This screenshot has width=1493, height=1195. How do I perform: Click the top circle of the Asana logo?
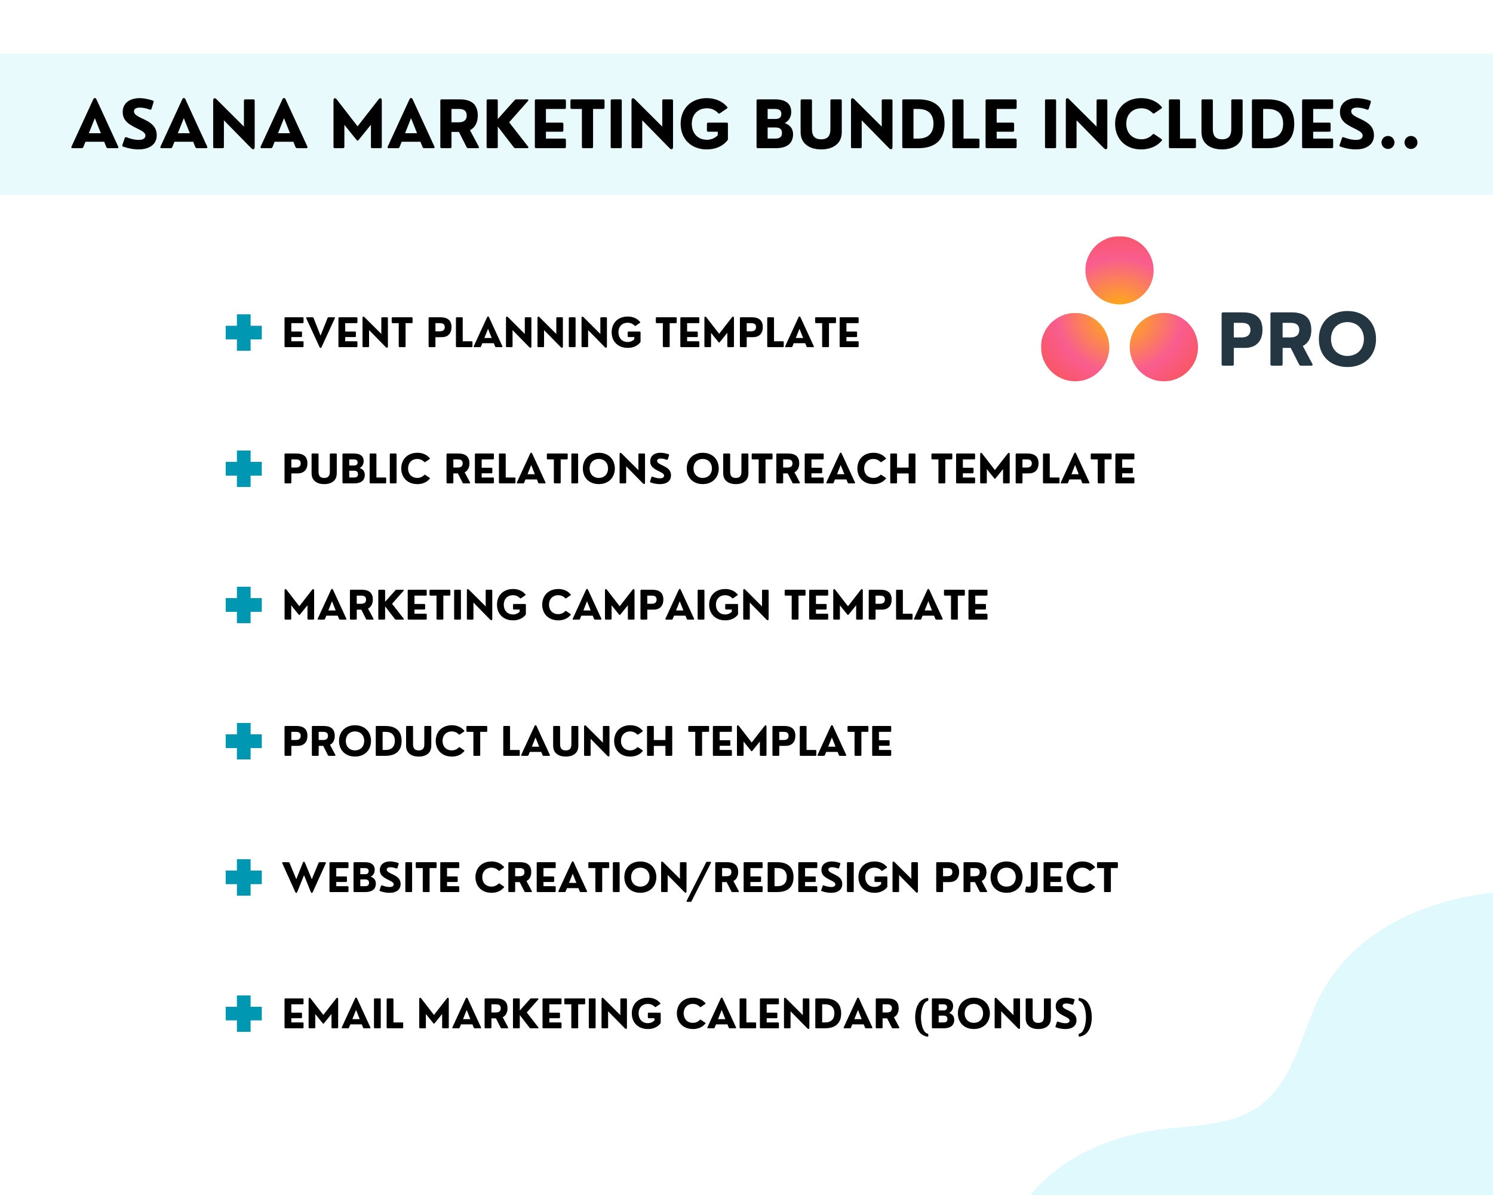coord(1119,270)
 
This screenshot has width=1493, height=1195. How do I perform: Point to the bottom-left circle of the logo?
coord(1075,347)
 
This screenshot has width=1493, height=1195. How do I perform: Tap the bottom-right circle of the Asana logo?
coord(1163,347)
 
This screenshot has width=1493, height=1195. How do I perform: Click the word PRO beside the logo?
coord(1297,339)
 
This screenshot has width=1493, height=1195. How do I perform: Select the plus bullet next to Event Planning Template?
coord(244,333)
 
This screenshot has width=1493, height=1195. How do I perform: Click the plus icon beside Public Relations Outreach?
coord(244,469)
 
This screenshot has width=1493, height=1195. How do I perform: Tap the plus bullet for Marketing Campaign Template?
coord(244,605)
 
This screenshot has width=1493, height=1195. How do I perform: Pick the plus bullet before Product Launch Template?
coord(244,741)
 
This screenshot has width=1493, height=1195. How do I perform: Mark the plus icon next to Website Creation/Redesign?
coord(244,878)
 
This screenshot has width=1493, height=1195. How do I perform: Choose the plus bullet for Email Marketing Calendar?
coord(244,1013)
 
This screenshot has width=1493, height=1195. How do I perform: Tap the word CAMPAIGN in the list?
coord(655,605)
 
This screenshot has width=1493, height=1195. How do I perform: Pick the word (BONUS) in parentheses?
coord(1003,1014)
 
